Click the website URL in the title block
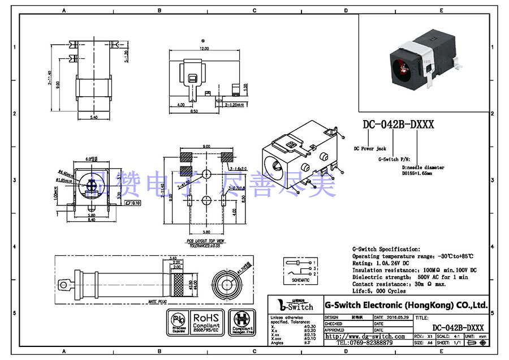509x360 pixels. (365, 336)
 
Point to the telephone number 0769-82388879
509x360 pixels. (365, 343)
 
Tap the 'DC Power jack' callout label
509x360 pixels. (369, 149)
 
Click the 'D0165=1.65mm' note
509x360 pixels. (417, 174)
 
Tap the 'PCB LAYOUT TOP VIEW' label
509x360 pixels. (205, 241)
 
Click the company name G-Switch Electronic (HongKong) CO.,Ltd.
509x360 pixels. (406, 305)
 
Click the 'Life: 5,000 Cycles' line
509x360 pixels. (379, 291)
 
